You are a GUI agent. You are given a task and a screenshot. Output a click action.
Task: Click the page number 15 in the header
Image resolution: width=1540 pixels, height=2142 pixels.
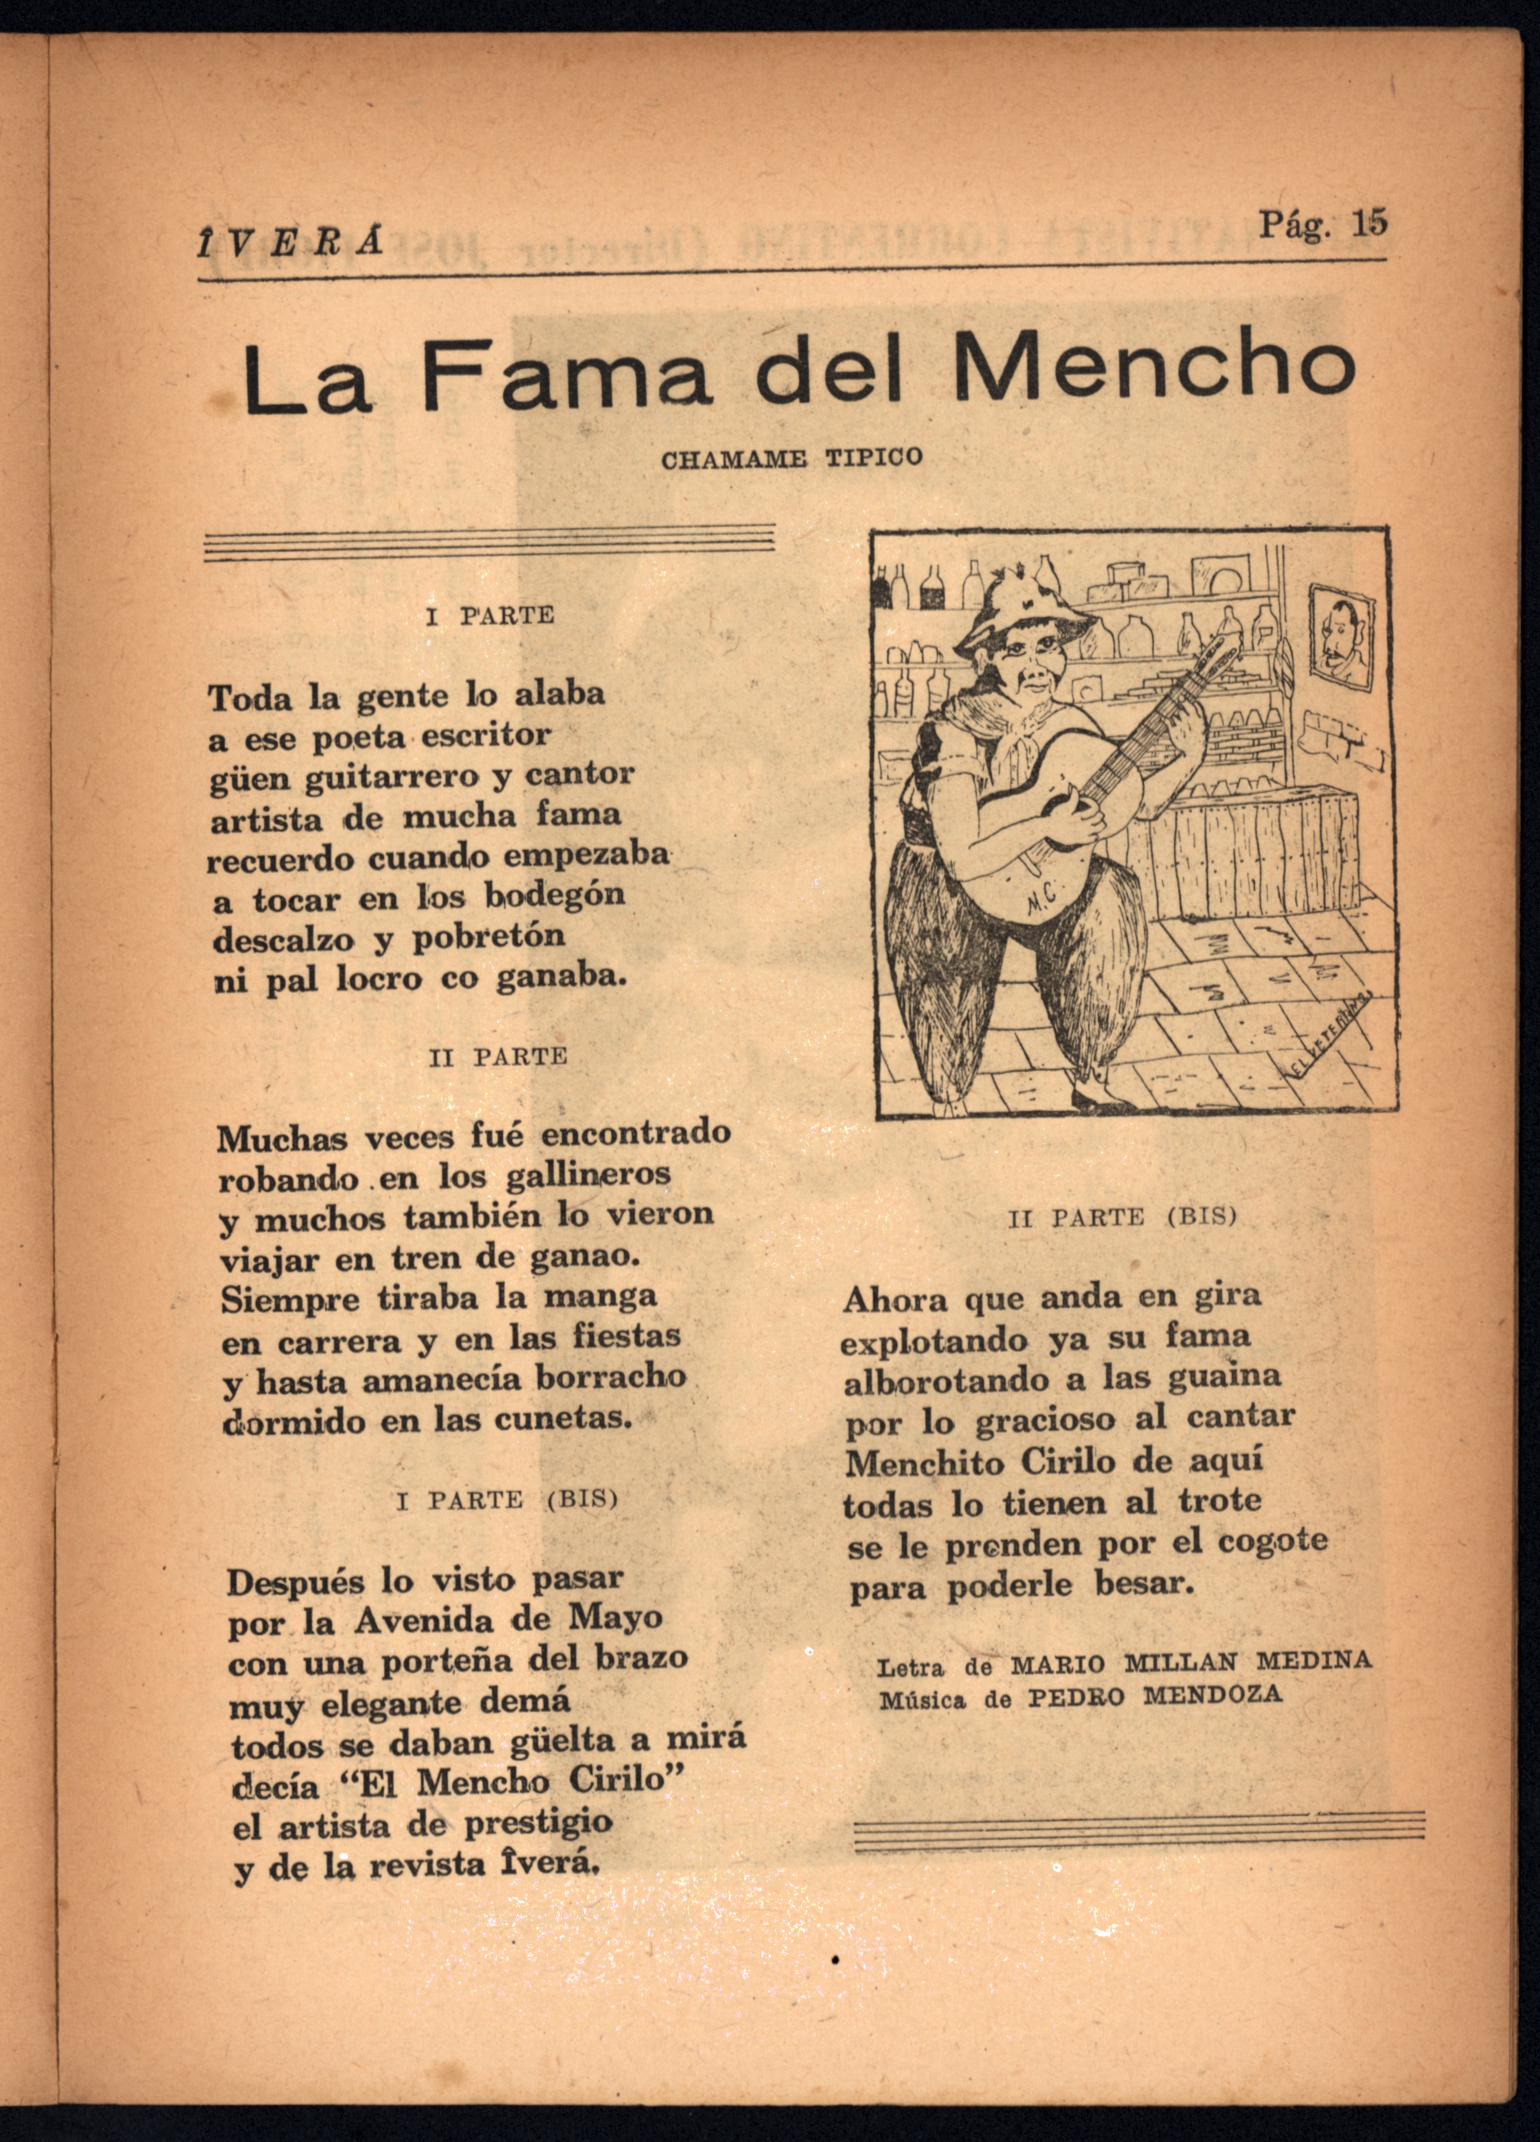[1369, 223]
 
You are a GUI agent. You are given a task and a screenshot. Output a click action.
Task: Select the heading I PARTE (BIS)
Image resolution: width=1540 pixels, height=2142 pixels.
[508, 1500]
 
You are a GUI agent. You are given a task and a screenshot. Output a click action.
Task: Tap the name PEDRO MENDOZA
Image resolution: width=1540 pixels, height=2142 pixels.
[1154, 1696]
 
